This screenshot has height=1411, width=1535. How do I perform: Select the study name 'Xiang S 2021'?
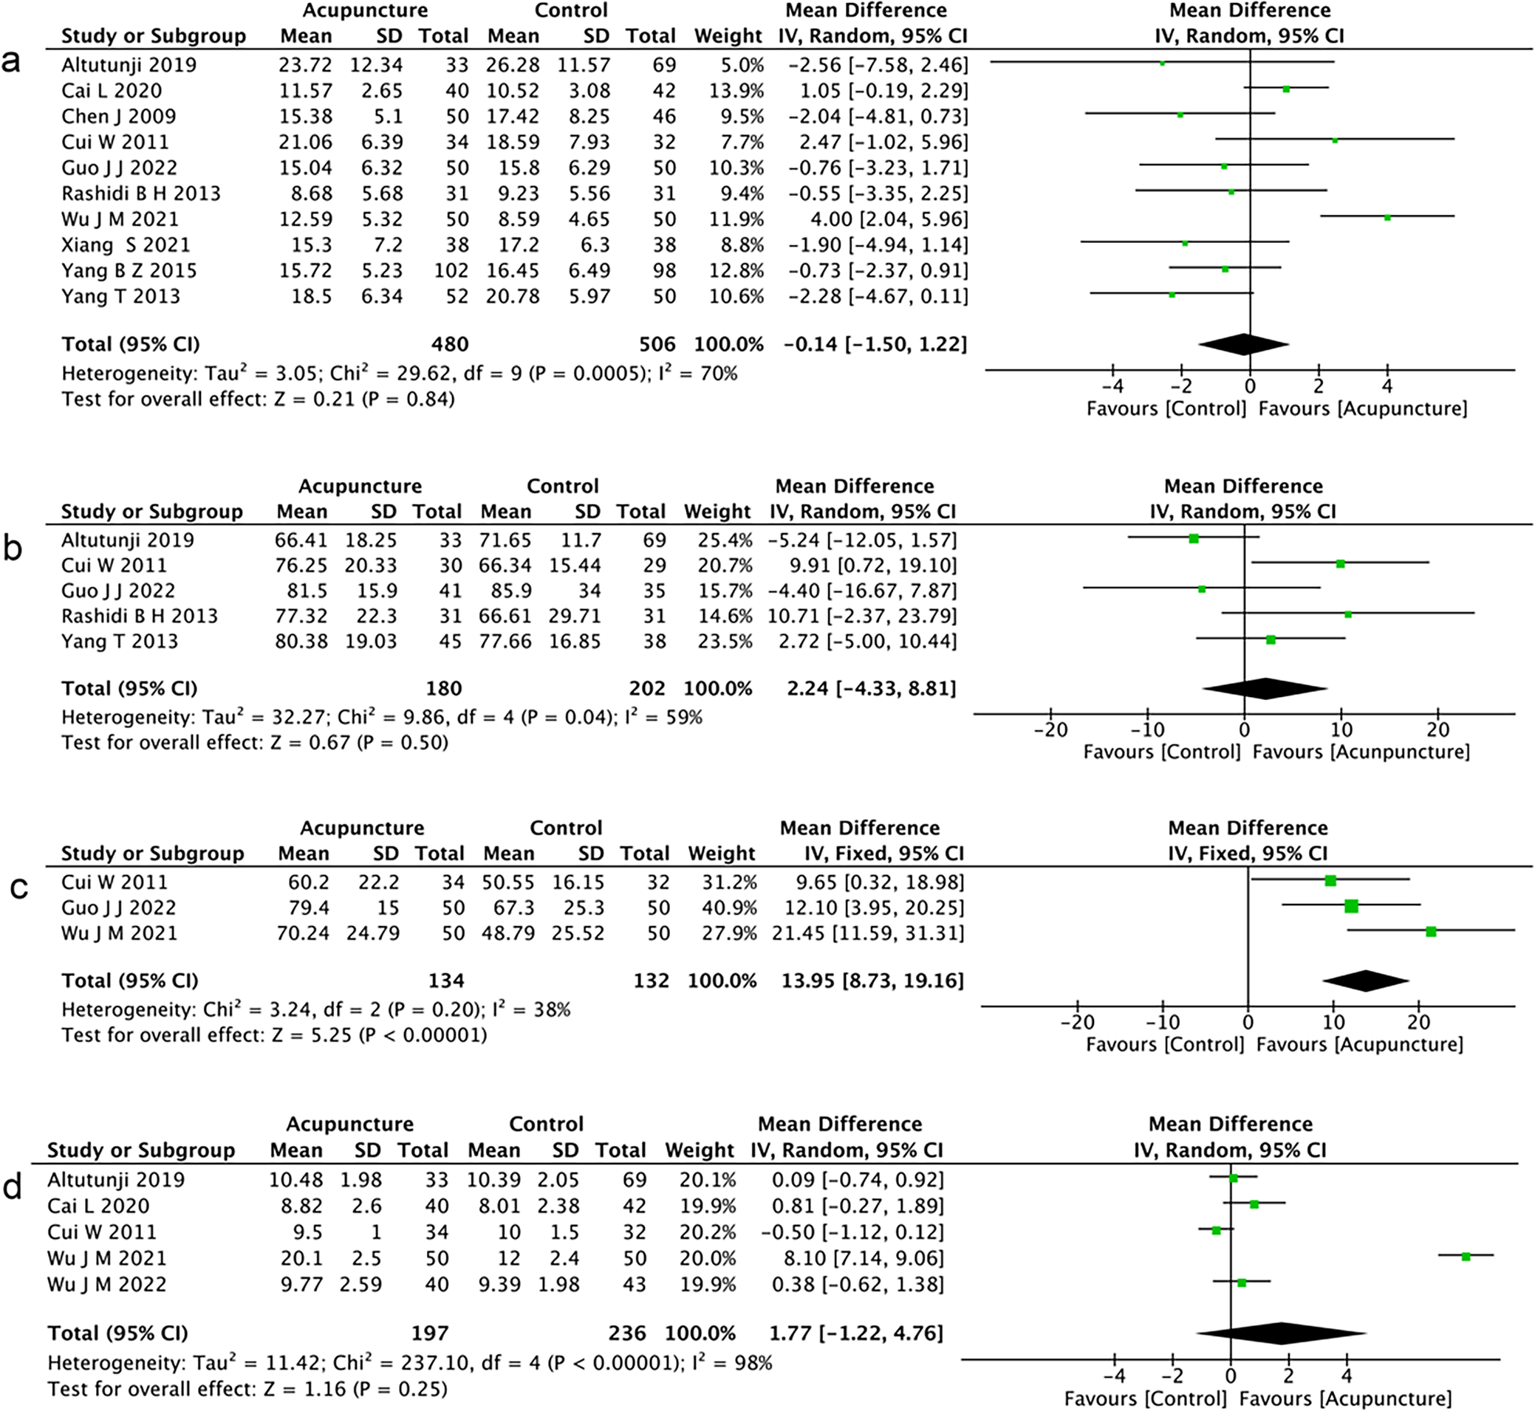coord(126,245)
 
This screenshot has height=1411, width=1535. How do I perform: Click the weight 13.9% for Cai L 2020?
coord(736,91)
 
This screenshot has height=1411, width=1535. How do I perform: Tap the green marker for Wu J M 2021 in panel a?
coord(1387,218)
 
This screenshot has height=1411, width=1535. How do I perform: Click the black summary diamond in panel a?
coord(1244,344)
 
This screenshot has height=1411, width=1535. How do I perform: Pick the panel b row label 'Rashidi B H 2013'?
coord(140,617)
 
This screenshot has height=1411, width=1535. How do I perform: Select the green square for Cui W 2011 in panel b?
coord(1340,564)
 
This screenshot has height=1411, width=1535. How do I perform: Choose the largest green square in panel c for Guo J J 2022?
coord(1352,906)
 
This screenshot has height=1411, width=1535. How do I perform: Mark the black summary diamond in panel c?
coord(1367,981)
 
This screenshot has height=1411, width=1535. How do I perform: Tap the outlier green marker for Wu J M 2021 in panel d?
coord(1466,1256)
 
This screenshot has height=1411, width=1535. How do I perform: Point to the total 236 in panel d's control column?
coord(627,1333)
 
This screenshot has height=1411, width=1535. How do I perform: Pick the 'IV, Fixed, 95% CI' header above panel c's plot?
coord(1248,854)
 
